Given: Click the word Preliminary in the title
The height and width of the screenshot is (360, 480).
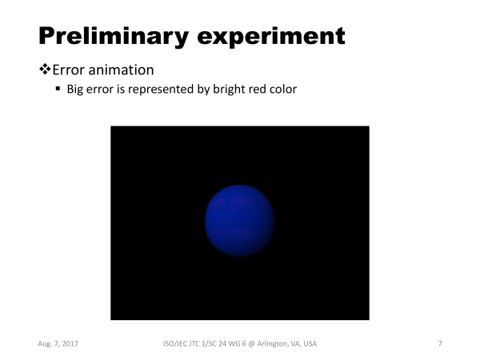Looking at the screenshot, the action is [x=114, y=37].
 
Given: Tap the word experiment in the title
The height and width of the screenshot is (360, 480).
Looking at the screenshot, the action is [x=271, y=37].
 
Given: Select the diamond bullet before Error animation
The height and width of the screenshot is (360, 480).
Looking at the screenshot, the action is [x=45, y=69].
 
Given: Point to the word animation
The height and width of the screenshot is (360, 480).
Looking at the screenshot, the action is [x=121, y=70].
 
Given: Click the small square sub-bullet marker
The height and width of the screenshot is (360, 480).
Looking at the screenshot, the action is [x=58, y=89].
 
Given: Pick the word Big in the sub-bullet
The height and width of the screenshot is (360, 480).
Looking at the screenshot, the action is [x=75, y=90].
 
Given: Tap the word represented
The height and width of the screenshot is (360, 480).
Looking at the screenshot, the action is [x=161, y=90].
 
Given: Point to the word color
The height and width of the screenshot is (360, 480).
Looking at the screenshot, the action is [x=283, y=89].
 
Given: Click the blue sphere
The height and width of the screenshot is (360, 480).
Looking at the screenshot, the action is [x=239, y=221].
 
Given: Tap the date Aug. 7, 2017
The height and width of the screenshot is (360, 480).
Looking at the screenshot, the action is [x=58, y=344].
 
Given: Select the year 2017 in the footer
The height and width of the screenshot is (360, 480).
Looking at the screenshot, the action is [x=70, y=343].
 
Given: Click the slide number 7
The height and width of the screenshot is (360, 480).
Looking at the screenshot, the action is [x=440, y=343].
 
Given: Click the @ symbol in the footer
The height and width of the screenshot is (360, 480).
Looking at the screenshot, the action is [x=251, y=344].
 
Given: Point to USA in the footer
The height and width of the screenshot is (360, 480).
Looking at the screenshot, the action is [x=310, y=343].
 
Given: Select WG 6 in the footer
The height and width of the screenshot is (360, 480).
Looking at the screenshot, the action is [x=236, y=343].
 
